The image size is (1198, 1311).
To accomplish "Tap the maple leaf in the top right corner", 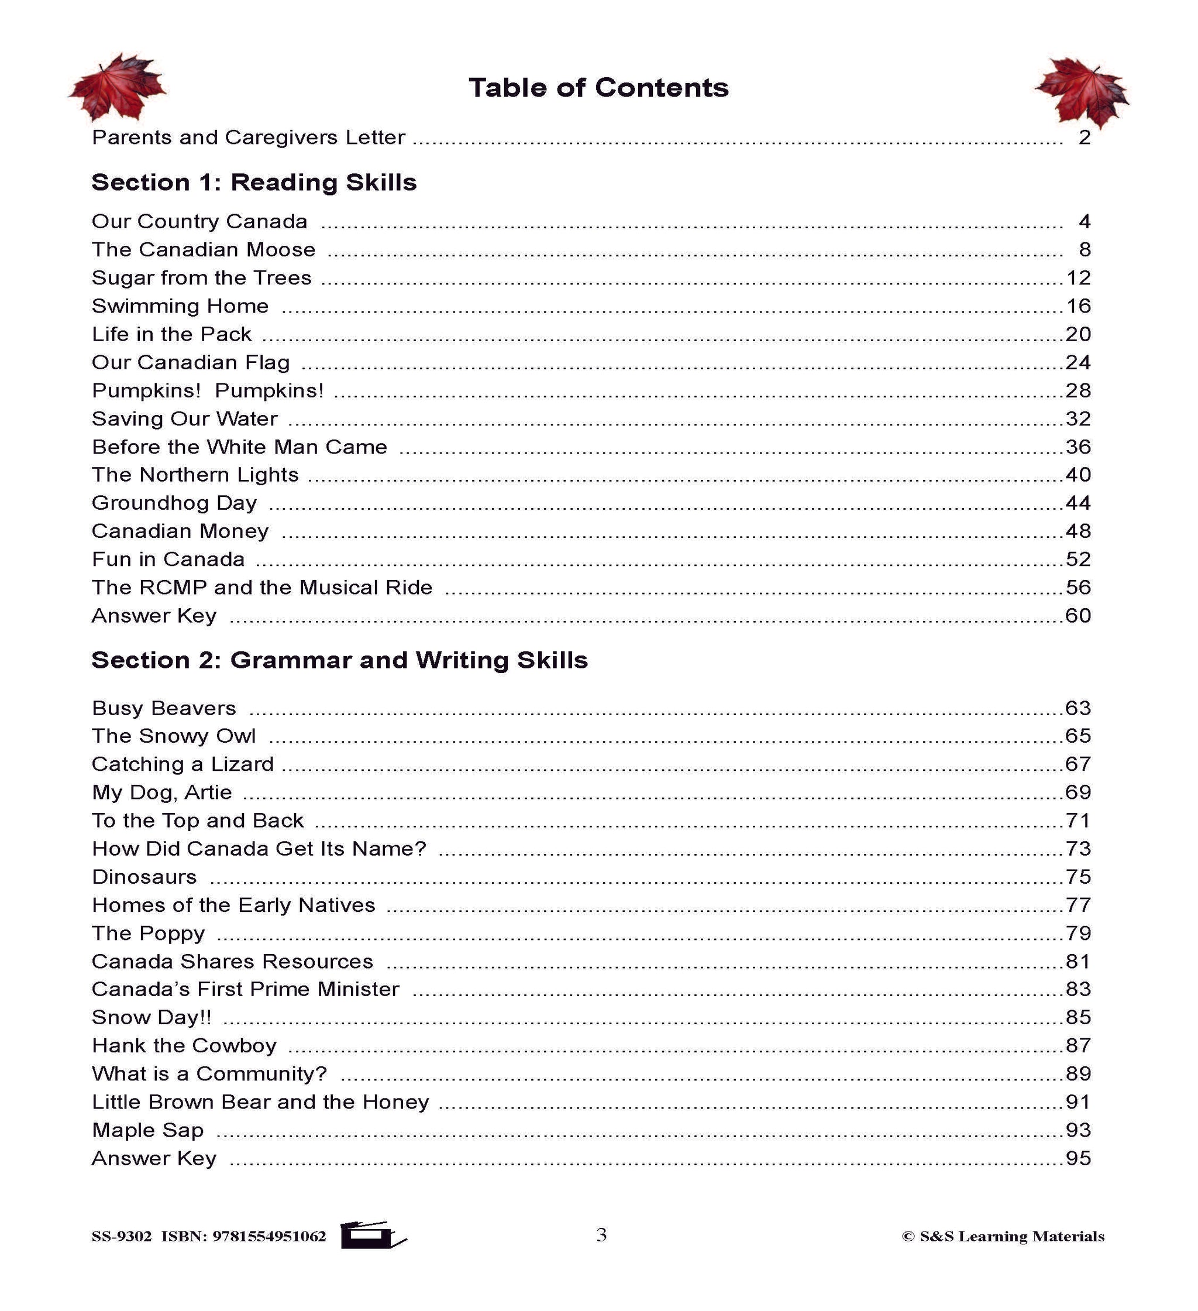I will (1082, 92).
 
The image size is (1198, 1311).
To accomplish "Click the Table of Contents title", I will (598, 88).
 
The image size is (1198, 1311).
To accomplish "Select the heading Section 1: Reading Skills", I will (253, 182).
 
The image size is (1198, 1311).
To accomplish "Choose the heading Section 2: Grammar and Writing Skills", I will (339, 660).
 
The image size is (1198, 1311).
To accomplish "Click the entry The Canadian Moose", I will (204, 250).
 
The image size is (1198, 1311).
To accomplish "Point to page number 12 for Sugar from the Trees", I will (1079, 277).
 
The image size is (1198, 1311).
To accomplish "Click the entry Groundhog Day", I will (174, 503).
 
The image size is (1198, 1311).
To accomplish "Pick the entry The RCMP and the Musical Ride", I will (262, 587).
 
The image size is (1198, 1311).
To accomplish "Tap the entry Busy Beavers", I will (164, 708).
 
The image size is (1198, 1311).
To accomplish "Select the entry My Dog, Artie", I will (162, 792).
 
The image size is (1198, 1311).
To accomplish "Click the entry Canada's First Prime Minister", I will (245, 989).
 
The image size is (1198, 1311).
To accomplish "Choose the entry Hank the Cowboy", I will (184, 1045).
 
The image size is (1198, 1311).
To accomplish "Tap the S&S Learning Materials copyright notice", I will (1003, 1236).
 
